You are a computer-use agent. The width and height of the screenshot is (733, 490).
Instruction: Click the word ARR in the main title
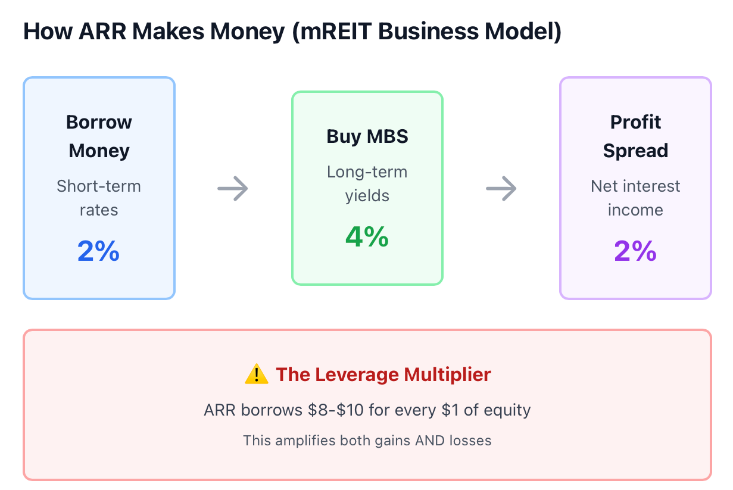102,32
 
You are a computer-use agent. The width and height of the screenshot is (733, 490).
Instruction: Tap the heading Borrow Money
99,136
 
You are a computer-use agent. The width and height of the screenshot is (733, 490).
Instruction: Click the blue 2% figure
98,251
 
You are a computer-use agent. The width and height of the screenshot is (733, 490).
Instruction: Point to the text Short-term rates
99,198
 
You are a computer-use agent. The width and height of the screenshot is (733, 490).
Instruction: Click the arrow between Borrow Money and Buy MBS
233,188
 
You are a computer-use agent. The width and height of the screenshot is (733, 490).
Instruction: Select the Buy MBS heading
367,136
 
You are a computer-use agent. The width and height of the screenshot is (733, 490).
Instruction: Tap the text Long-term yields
367,183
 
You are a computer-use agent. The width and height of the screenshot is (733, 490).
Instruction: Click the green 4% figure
367,237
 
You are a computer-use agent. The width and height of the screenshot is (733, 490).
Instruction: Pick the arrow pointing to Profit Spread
501,188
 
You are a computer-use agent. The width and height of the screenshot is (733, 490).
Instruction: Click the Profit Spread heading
635,136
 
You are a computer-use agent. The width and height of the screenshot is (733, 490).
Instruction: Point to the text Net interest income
635,198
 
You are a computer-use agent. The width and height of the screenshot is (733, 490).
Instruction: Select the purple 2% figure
635,251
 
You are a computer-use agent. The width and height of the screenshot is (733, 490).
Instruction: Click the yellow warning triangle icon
257,374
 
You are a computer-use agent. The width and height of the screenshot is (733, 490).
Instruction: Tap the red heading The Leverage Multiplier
383,374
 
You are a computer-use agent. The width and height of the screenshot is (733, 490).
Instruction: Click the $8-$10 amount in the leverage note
336,410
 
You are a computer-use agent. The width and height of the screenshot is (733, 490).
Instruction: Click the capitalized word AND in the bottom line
430,441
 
